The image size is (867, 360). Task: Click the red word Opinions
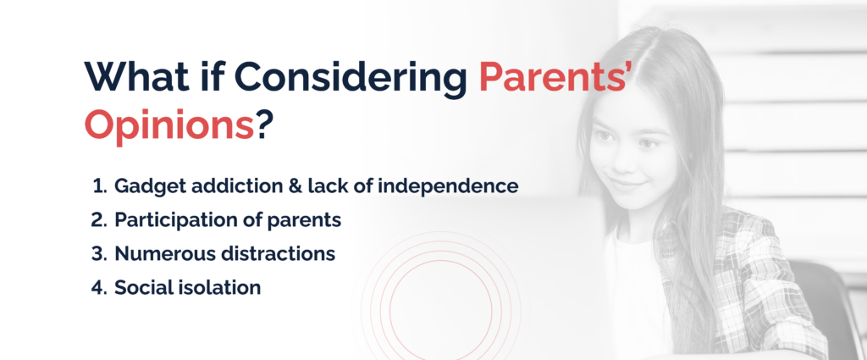tap(168, 127)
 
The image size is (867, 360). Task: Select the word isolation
tap(223, 287)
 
